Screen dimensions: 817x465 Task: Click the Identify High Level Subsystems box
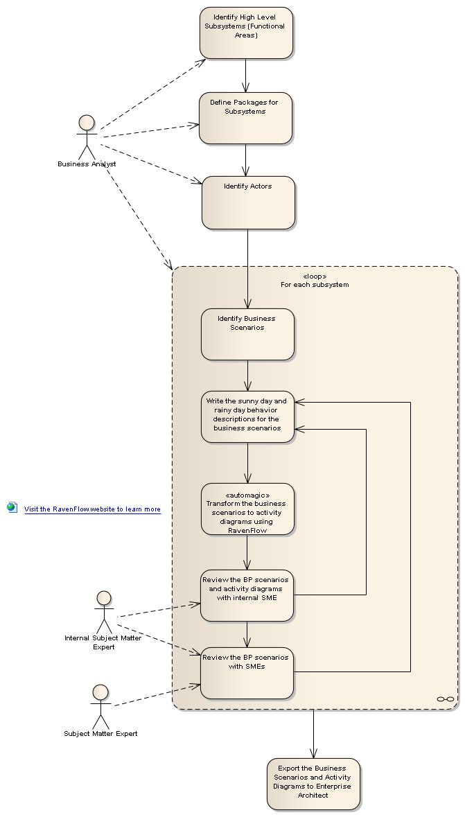click(246, 33)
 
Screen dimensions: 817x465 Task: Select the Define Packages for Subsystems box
click(245, 118)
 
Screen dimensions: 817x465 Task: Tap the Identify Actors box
click(248, 202)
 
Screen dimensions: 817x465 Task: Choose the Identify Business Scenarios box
click(247, 334)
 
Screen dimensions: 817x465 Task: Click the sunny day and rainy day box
click(247, 416)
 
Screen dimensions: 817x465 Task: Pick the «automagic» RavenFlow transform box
click(247, 509)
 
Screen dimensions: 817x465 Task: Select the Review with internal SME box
click(247, 595)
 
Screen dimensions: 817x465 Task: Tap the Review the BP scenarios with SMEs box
click(247, 672)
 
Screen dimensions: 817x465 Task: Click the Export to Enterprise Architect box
click(313, 783)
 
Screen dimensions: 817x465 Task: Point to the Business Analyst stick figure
click(87, 137)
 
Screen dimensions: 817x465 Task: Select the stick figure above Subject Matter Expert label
click(100, 705)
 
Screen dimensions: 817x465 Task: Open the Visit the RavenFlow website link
click(92, 509)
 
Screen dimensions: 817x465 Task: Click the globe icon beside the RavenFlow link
click(12, 507)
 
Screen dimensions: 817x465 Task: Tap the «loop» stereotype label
click(315, 276)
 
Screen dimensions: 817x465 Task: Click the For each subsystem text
click(315, 285)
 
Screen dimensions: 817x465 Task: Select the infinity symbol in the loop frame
click(446, 699)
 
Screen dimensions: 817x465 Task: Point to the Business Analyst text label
click(87, 164)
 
